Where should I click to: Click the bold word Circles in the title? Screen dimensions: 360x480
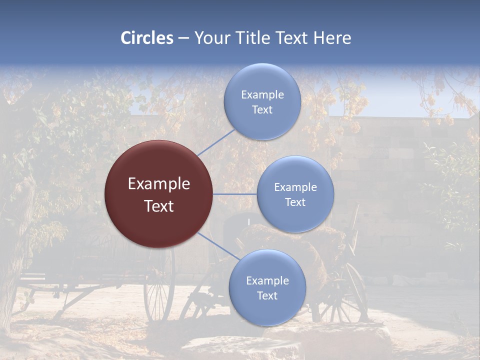point(147,38)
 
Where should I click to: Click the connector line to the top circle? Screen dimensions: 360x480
point(216,142)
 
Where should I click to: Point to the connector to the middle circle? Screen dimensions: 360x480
point(235,194)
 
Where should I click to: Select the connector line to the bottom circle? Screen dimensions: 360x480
point(218,246)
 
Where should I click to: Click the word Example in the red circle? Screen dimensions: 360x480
point(159,184)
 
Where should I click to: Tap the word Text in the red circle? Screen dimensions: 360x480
point(159,206)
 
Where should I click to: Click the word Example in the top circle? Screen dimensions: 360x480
point(262,95)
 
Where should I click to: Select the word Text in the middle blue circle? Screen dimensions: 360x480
point(295,202)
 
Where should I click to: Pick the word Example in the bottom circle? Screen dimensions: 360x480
point(267,281)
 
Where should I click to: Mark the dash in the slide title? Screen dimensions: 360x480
point(183,38)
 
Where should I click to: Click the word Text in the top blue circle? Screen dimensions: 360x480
point(262,110)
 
